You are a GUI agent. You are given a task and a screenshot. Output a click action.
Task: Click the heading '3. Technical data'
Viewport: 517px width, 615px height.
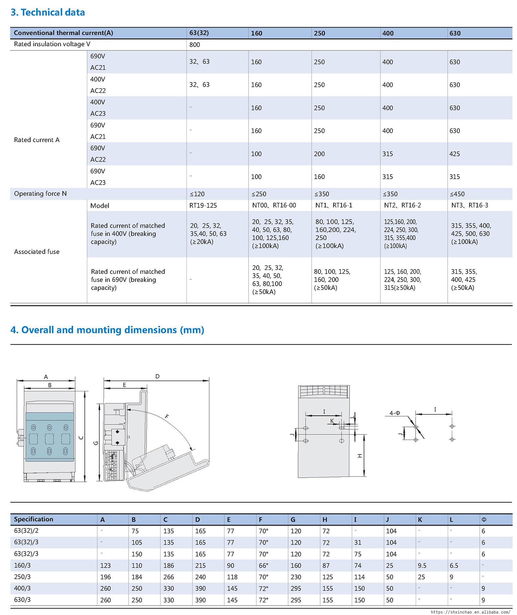(x=48, y=12)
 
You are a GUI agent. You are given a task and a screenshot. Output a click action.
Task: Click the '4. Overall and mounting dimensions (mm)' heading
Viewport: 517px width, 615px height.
(x=107, y=330)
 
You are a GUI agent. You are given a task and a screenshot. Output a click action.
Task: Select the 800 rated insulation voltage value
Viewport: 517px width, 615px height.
(x=194, y=45)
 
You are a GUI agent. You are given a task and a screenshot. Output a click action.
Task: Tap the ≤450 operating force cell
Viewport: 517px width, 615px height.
(x=457, y=194)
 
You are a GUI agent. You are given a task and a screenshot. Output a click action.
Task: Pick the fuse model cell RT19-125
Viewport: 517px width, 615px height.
(x=203, y=205)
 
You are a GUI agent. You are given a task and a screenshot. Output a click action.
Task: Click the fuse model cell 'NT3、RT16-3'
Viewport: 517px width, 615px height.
(x=469, y=205)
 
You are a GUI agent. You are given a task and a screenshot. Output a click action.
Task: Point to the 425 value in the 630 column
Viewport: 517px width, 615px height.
(x=454, y=154)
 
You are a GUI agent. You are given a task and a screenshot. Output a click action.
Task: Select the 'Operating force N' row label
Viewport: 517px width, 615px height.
(x=40, y=194)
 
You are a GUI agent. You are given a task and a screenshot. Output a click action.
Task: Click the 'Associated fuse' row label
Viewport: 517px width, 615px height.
(x=37, y=252)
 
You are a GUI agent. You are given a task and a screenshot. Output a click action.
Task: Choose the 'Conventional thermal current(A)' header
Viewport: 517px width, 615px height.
(x=63, y=33)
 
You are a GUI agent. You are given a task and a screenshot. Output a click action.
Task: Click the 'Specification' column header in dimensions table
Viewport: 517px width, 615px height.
(x=33, y=519)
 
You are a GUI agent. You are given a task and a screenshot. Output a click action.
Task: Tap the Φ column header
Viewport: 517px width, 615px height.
(x=484, y=520)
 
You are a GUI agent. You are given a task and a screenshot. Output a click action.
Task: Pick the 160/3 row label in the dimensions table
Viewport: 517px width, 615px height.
(x=22, y=565)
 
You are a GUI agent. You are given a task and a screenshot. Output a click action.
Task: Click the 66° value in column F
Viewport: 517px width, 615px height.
(x=263, y=566)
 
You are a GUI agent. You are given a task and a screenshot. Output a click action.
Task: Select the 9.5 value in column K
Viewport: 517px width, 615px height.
(x=422, y=566)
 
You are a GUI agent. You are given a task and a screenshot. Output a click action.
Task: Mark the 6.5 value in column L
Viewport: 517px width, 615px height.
(x=454, y=566)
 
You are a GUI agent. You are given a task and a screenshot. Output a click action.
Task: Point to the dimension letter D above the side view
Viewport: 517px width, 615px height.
(x=158, y=377)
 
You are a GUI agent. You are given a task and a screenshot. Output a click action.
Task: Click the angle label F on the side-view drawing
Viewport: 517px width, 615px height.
(x=167, y=417)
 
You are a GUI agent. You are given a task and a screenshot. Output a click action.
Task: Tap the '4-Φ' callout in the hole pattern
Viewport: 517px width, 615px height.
(x=395, y=413)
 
